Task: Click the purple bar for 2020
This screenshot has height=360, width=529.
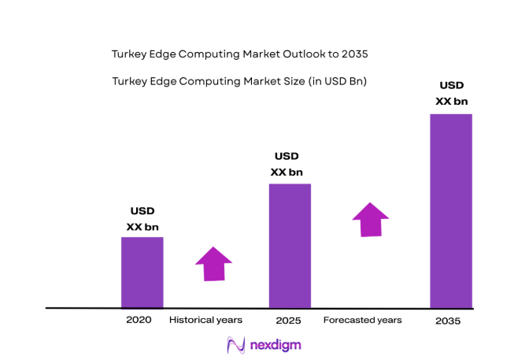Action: click(142, 272)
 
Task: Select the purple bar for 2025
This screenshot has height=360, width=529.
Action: click(290, 245)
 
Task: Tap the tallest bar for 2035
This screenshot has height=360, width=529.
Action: click(451, 210)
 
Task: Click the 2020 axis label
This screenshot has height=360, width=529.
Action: click(139, 321)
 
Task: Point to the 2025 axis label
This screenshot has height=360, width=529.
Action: click(288, 321)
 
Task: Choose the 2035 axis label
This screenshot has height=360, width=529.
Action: click(448, 321)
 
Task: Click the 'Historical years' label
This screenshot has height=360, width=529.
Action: click(205, 320)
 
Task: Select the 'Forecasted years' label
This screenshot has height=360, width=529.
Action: click(362, 320)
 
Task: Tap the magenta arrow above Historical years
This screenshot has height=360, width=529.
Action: click(213, 263)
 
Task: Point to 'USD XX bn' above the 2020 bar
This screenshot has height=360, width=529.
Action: click(142, 219)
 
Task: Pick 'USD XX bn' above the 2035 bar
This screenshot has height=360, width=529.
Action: click(451, 93)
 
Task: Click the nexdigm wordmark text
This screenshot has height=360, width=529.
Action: click(275, 345)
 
